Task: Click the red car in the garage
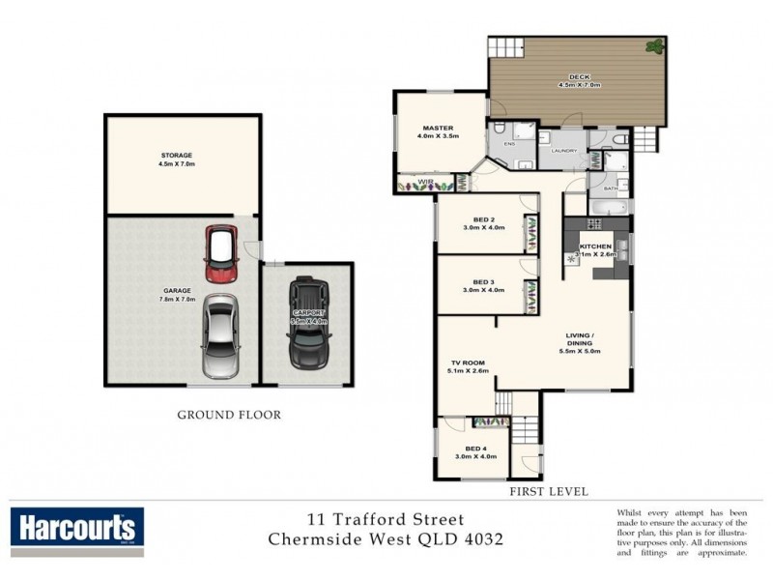pos(221,254)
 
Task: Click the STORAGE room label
pos(177,156)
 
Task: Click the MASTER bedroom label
pos(438,129)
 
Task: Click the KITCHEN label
pos(595,247)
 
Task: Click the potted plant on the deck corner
pos(656,44)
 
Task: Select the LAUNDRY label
pos(563,151)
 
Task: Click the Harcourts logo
pos(77,530)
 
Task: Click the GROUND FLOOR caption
pos(229,415)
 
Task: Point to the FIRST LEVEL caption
pos(548,492)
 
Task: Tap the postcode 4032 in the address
pos(480,537)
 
